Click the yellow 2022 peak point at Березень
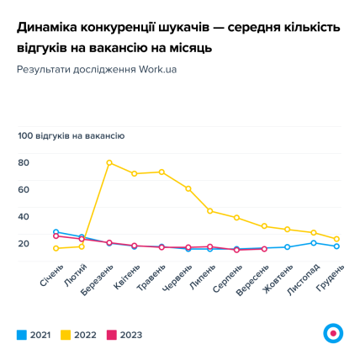click(109, 162)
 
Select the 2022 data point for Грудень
click(336, 239)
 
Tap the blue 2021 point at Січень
click(56, 232)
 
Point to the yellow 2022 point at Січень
click(56, 248)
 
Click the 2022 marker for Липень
click(210, 211)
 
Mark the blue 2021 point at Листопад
click(313, 243)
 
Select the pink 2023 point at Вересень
click(263, 249)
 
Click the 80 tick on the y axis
click(24, 162)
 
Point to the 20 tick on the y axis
click(24, 243)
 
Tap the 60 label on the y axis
click(24, 189)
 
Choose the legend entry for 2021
click(34, 335)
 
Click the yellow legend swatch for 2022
click(66, 335)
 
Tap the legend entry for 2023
click(124, 335)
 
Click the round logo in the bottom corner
click(333, 332)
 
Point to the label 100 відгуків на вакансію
click(71, 135)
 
